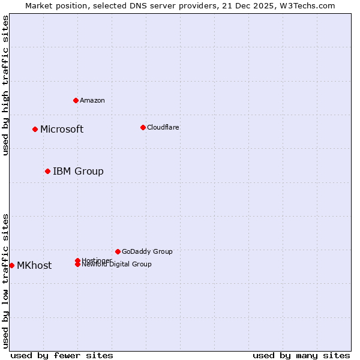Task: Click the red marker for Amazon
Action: [x=76, y=100]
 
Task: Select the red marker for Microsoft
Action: [x=35, y=129]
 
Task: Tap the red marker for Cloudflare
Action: [x=143, y=127]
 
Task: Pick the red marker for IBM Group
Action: [x=47, y=171]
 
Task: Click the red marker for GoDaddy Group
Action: [x=118, y=251]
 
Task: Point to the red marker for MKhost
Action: [x=11, y=265]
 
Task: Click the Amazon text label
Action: [x=92, y=100]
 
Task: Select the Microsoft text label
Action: [x=62, y=129]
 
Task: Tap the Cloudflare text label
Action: [x=163, y=127]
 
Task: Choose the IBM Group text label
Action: [x=78, y=171]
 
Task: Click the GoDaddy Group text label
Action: [x=147, y=251]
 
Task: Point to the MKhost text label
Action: [x=34, y=265]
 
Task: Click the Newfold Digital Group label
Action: [x=117, y=265]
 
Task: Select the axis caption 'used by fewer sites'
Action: [x=62, y=355]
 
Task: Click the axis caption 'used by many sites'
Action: [x=301, y=355]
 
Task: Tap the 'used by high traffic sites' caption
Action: [x=5, y=85]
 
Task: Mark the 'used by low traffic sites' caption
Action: [x=5, y=280]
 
